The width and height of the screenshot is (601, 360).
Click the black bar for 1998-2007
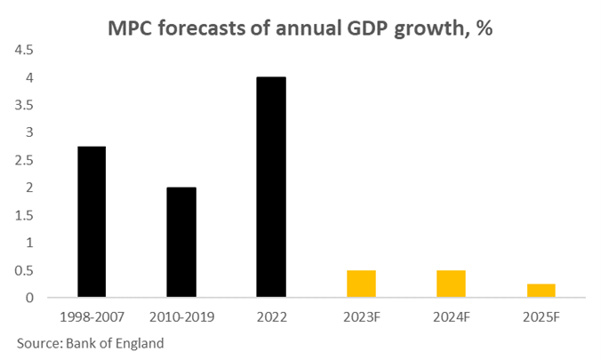pyautogui.click(x=92, y=221)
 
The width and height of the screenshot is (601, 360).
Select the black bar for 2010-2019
pyautogui.click(x=181, y=242)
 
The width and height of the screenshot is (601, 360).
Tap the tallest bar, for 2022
pyautogui.click(x=271, y=187)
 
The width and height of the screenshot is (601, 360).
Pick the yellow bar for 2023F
pyautogui.click(x=361, y=284)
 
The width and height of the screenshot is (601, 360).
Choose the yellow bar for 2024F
pyautogui.click(x=451, y=284)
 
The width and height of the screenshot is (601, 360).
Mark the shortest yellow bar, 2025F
pyautogui.click(x=541, y=291)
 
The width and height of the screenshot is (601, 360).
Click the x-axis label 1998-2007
pyautogui.click(x=92, y=315)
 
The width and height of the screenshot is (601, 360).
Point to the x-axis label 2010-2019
pyautogui.click(x=181, y=315)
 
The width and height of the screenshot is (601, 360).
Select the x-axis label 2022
pyautogui.click(x=271, y=315)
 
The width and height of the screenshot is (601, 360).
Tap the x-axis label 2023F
pyautogui.click(x=361, y=315)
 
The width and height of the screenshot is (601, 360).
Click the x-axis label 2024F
pyautogui.click(x=451, y=315)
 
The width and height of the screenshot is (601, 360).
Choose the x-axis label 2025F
pyautogui.click(x=541, y=315)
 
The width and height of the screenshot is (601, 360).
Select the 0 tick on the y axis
pyautogui.click(x=28, y=297)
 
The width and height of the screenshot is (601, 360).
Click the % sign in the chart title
pyautogui.click(x=484, y=28)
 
